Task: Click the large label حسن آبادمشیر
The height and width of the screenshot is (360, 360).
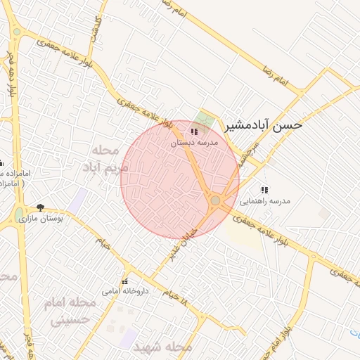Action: click(264, 125)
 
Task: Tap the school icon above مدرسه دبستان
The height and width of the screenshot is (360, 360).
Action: click(194, 131)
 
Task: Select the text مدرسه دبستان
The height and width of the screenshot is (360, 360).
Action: click(195, 143)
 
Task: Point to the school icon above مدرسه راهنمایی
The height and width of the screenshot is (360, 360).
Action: click(264, 190)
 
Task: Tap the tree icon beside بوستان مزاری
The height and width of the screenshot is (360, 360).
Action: click(40, 207)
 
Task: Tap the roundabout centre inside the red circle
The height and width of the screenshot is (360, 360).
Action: click(215, 202)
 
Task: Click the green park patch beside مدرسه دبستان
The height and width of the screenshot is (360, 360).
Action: click(205, 118)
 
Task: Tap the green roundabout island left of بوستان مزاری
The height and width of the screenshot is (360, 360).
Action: click(18, 214)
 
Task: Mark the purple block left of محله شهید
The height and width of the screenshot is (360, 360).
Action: click(129, 338)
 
